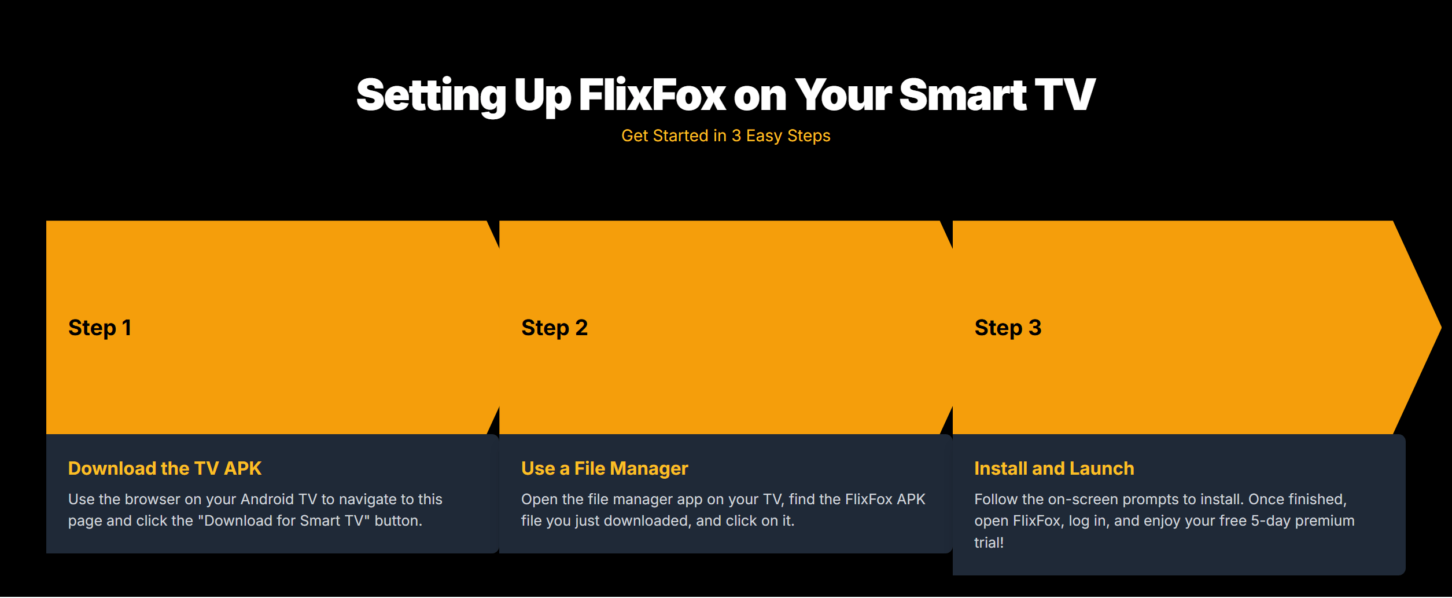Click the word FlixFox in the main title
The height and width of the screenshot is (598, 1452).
click(x=652, y=94)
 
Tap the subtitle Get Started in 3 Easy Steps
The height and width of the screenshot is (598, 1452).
click(x=725, y=135)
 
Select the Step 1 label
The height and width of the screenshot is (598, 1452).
click(x=99, y=328)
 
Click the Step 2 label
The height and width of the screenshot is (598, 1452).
click(x=554, y=328)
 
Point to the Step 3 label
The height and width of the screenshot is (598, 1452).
click(x=1008, y=328)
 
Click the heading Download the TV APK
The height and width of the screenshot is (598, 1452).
click(x=165, y=468)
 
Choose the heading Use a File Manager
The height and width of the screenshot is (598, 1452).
click(x=605, y=468)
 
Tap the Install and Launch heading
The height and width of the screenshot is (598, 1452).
click(x=1054, y=468)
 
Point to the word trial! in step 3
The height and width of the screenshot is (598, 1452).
click(x=989, y=542)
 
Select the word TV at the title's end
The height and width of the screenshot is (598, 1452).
click(x=1065, y=94)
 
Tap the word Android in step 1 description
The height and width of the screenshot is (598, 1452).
click(x=267, y=499)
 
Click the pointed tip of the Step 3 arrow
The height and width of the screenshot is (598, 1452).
click(x=1440, y=328)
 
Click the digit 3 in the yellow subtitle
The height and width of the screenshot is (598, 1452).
click(x=736, y=135)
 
